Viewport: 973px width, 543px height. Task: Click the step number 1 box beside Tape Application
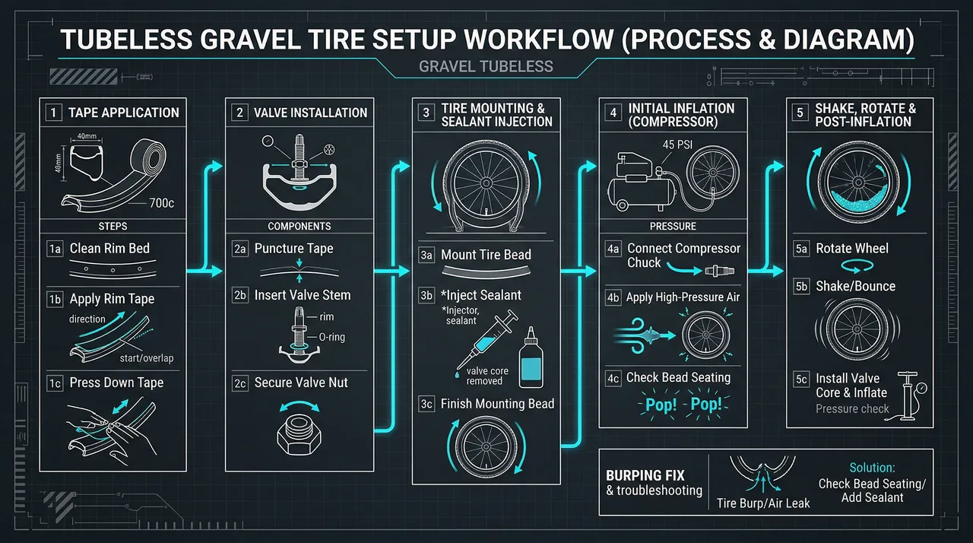[54, 113]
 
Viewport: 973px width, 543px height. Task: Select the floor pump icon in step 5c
[907, 395]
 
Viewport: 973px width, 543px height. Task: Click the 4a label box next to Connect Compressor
[613, 249]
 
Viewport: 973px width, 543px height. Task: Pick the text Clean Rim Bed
[109, 249]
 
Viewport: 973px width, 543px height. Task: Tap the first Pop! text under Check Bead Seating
[660, 405]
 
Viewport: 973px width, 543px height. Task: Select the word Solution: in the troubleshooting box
[872, 467]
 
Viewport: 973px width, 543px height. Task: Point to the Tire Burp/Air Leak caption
[763, 503]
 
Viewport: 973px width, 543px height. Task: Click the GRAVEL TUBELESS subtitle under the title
[486, 67]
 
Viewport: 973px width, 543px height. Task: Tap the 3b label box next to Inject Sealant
[426, 295]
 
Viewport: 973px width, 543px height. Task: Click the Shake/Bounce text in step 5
[855, 287]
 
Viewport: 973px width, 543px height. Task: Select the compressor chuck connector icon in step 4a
[719, 269]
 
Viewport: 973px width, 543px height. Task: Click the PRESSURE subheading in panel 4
[673, 226]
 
